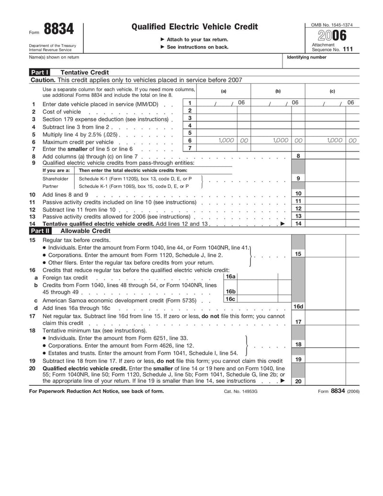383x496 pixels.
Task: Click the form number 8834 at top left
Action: coord(59,30)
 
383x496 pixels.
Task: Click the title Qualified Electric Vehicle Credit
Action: coord(194,27)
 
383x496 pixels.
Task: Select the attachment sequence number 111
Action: coord(348,49)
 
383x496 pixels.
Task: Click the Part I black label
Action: coord(39,72)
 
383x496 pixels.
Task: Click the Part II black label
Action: coord(40,231)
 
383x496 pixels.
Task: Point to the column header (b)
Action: coord(278,91)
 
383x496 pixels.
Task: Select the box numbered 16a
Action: coord(230,277)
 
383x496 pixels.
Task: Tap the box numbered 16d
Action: coord(298,307)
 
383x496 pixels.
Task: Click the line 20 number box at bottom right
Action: coord(298,381)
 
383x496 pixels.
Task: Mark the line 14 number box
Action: coord(298,224)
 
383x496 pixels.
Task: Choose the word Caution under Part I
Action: coord(43,80)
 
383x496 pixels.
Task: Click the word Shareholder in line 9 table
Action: coord(55,178)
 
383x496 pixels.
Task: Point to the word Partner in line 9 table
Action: coord(51,186)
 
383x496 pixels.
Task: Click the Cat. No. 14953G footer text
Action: coord(241,391)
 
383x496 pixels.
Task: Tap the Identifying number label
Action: coord(306,58)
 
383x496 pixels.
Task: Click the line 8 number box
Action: coord(298,156)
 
